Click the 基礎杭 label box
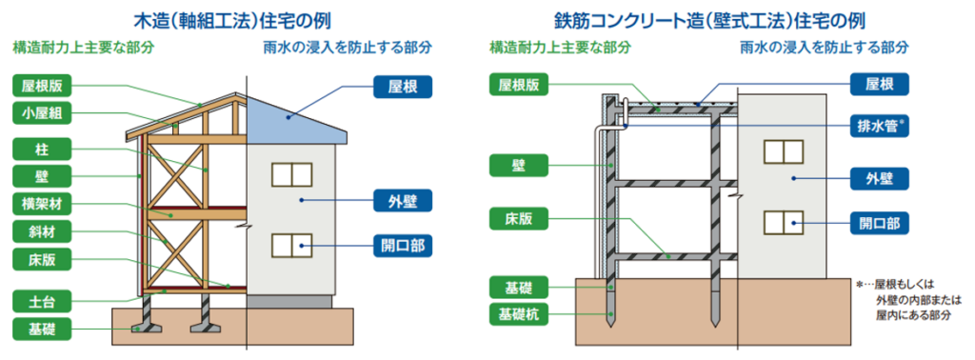click(x=520, y=313)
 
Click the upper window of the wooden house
click(x=291, y=174)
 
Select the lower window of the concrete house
click(x=782, y=222)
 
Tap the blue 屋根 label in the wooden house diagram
click(x=404, y=87)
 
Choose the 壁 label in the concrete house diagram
click(x=520, y=166)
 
